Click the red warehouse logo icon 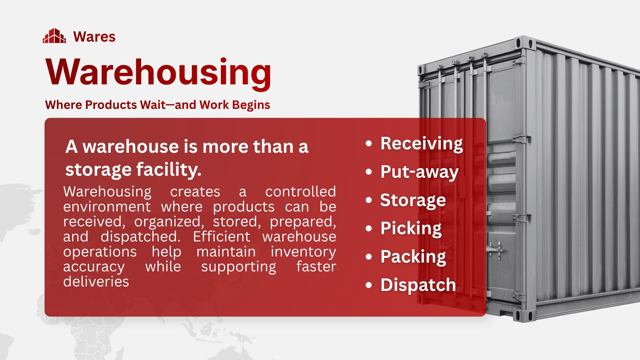[x=54, y=36]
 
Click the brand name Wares [x=94, y=36]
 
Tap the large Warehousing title [x=158, y=73]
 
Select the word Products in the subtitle [x=111, y=105]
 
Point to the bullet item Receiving [x=422, y=144]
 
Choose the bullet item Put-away [x=420, y=172]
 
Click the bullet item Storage [x=413, y=200]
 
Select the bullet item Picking [x=411, y=228]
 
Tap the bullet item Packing [x=413, y=257]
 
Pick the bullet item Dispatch [x=418, y=285]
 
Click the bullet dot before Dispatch [x=369, y=285]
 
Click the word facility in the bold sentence [x=169, y=170]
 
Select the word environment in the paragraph [x=107, y=206]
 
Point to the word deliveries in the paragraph [x=96, y=282]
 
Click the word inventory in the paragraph [x=303, y=252]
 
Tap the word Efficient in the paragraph [x=222, y=236]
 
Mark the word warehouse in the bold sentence [x=131, y=146]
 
